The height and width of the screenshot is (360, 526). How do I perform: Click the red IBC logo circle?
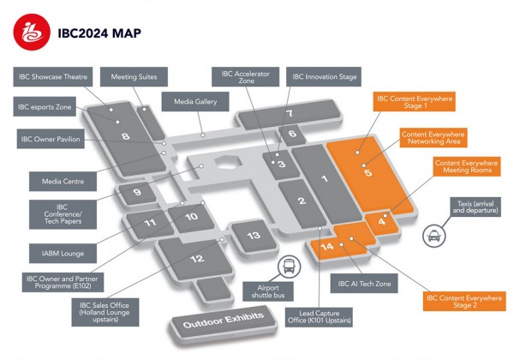pyautogui.click(x=32, y=33)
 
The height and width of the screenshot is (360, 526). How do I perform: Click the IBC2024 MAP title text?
pyautogui.click(x=99, y=33)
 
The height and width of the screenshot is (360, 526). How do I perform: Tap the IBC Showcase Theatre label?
pyautogui.click(x=52, y=77)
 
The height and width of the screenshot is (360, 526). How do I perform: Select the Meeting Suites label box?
pyautogui.click(x=134, y=77)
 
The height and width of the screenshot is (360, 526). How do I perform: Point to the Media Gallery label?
pyautogui.click(x=195, y=102)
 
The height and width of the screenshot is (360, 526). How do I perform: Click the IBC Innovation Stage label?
pyautogui.click(x=324, y=77)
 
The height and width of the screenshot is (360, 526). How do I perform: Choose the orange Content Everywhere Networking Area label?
pyautogui.click(x=433, y=137)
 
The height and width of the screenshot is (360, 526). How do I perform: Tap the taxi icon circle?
pyautogui.click(x=434, y=236)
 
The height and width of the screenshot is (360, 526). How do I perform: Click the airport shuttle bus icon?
pyautogui.click(x=290, y=266)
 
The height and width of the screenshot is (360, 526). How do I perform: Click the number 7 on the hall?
pyautogui.click(x=290, y=114)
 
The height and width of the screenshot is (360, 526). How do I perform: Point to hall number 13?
pyautogui.click(x=254, y=235)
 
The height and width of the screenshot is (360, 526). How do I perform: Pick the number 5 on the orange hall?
pyautogui.click(x=368, y=173)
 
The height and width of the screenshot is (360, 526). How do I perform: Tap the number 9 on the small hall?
pyautogui.click(x=137, y=193)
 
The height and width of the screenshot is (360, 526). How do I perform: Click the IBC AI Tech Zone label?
pyautogui.click(x=364, y=284)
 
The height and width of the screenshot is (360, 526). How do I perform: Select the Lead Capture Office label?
pyautogui.click(x=319, y=317)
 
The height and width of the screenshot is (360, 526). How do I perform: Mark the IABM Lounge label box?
pyautogui.click(x=63, y=254)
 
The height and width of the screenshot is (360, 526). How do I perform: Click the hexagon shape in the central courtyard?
pyautogui.click(x=228, y=162)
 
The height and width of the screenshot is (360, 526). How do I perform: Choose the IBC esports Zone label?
pyautogui.click(x=45, y=106)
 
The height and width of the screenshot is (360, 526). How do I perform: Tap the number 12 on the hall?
pyautogui.click(x=197, y=259)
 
